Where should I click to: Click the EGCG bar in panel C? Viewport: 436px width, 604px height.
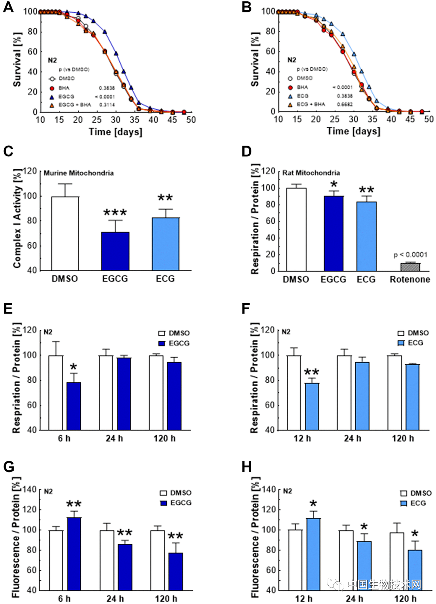[x=115, y=251]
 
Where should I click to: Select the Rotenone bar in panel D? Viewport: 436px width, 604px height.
[x=409, y=267]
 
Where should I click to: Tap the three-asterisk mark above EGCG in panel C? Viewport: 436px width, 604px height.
[x=115, y=212]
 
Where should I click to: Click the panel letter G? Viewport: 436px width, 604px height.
[x=9, y=466]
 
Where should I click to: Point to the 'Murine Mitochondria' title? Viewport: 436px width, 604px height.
[x=79, y=173]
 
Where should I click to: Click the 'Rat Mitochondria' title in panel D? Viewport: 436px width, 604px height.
[x=311, y=173]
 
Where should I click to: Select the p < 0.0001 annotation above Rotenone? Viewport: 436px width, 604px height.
[x=410, y=255]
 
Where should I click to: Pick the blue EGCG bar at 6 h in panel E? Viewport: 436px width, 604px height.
[x=74, y=406]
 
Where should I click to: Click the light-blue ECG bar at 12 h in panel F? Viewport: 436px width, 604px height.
[x=312, y=406]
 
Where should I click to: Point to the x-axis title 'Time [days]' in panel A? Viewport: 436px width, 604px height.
[x=115, y=132]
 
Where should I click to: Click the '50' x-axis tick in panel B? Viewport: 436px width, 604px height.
[x=429, y=119]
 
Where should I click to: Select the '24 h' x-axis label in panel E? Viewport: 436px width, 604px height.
[x=114, y=438]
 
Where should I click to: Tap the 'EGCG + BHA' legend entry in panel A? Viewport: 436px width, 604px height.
[x=74, y=104]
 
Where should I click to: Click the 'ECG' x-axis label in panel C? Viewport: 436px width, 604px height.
[x=165, y=279]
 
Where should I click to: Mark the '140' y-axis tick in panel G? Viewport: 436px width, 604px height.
[x=29, y=489]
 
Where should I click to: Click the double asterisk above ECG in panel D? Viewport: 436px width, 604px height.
[x=366, y=190]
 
